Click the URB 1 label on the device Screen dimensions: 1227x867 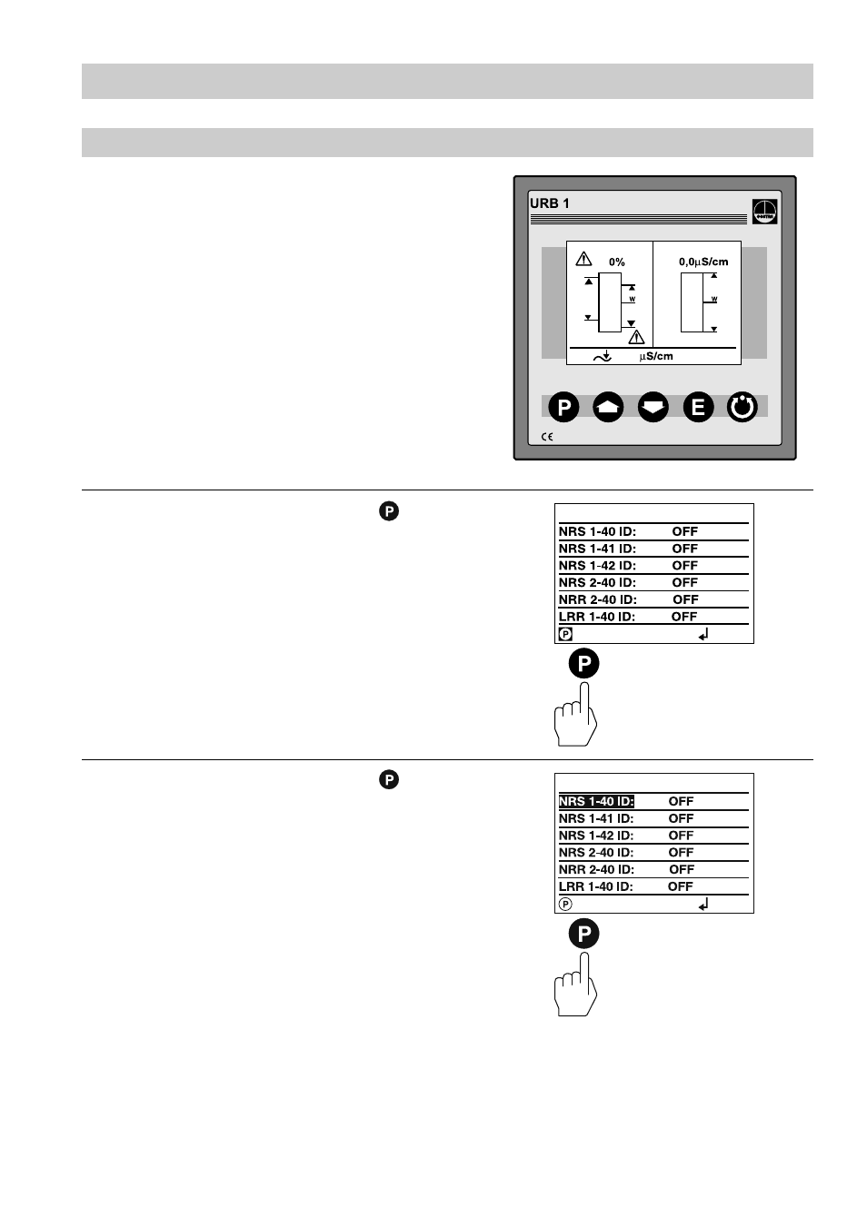click(550, 203)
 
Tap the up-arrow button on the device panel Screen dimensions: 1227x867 click(608, 408)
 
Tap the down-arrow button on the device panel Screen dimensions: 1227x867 click(653, 408)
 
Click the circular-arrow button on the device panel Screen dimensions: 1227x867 click(742, 408)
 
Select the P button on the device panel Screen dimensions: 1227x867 click(563, 408)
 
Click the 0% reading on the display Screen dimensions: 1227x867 click(617, 262)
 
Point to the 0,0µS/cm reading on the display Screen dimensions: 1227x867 click(703, 262)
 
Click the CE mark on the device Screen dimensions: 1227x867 click(547, 437)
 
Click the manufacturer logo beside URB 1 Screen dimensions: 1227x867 click(764, 211)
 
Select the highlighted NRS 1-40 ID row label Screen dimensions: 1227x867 click(596, 801)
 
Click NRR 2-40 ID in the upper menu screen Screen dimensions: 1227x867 click(597, 599)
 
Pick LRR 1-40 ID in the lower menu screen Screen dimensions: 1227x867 click(595, 886)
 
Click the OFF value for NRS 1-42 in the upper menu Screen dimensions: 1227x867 click(684, 565)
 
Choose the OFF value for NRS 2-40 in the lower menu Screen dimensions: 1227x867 click(681, 852)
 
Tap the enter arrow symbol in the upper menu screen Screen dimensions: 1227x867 click(703, 635)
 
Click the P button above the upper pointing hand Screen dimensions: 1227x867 click(584, 664)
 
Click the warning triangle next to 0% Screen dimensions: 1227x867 click(584, 260)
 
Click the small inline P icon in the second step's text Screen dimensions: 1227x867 click(389, 780)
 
